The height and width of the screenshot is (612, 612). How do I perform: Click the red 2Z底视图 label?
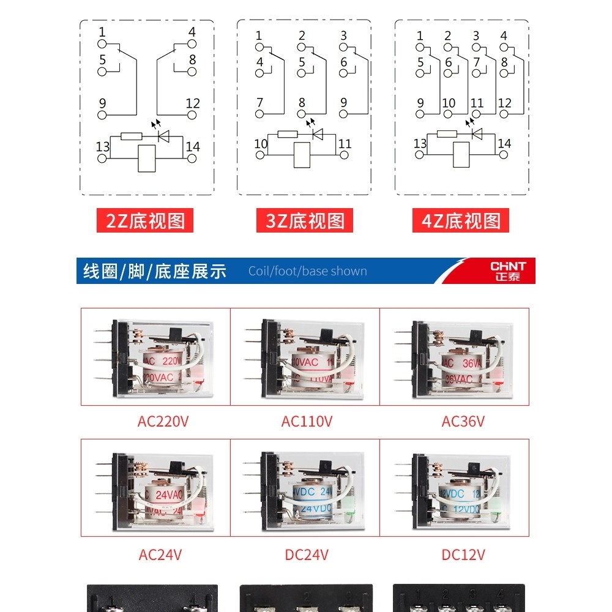[x=145, y=221]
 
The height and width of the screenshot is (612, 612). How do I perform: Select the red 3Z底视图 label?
[x=305, y=221]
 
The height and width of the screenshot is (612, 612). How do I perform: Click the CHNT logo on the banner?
[x=507, y=271]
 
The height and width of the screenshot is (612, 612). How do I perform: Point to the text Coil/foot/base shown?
[x=307, y=271]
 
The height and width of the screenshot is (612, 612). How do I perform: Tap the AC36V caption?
[x=463, y=422]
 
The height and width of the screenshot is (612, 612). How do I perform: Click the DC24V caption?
[x=307, y=554]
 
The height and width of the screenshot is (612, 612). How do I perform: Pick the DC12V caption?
[x=463, y=554]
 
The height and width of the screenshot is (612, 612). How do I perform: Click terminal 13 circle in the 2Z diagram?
[x=102, y=159]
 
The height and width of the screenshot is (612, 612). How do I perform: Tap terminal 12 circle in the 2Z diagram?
[x=192, y=115]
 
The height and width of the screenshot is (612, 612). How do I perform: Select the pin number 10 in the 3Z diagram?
[x=261, y=144]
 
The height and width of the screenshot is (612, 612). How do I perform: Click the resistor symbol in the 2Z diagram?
[x=131, y=136]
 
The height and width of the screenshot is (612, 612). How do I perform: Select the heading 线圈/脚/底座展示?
[x=154, y=271]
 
